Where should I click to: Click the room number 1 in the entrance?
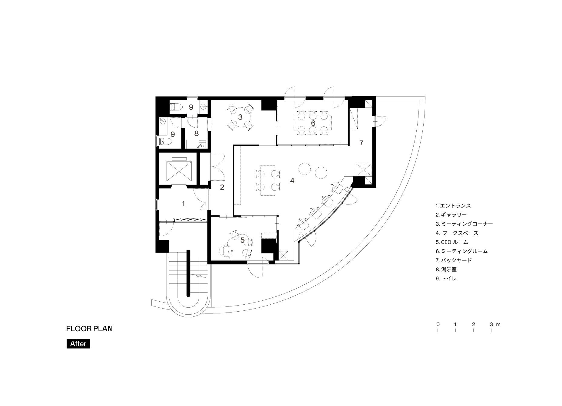point(183,204)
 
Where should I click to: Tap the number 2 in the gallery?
point(222,187)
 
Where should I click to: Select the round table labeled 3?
point(240,117)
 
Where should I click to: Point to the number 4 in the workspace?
point(292,181)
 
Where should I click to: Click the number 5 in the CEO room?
point(243,240)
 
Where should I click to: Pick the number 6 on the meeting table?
point(313,123)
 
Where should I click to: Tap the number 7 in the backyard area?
point(362,142)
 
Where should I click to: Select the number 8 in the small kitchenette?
point(196,133)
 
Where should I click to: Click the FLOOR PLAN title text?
point(89,329)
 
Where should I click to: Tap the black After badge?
point(78,344)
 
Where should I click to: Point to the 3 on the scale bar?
point(491,324)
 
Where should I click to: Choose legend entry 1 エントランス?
point(453,206)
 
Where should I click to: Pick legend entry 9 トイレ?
point(446,278)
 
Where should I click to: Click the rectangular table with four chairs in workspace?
point(267,181)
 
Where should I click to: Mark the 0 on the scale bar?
point(438,324)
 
